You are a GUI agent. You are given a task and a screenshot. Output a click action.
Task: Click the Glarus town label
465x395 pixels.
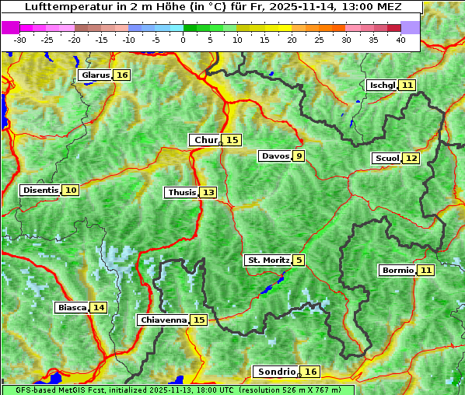coord(94,75)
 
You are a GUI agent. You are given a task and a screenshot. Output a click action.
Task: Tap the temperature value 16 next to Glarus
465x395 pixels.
coord(121,75)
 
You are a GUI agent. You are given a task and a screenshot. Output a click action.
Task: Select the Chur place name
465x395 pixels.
coord(206,140)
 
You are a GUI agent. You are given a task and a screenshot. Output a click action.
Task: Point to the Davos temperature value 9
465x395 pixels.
coord(299,156)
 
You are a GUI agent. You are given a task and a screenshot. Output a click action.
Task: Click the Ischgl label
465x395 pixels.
coord(382,85)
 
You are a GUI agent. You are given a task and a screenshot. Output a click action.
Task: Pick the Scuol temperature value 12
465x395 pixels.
coord(411,159)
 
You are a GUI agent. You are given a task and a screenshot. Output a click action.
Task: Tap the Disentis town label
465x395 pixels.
coord(40,190)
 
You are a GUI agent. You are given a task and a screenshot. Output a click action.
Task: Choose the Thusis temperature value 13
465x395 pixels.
coord(208,192)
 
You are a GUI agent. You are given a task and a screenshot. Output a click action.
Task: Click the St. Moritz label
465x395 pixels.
coord(268,260)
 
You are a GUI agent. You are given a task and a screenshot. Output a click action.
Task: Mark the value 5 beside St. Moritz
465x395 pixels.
coord(299,260)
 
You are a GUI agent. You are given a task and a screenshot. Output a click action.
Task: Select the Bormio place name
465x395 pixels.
coord(397,271)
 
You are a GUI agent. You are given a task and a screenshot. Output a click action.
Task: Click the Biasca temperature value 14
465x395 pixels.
coord(98,307)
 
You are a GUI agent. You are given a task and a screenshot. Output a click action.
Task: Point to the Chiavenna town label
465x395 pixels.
coord(163,320)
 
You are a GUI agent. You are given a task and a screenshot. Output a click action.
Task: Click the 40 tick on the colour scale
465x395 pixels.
coord(400,40)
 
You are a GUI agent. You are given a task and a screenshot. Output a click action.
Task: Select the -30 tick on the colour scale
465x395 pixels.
coord(20,40)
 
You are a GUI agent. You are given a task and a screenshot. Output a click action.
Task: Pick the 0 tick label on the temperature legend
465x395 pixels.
coord(184,40)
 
